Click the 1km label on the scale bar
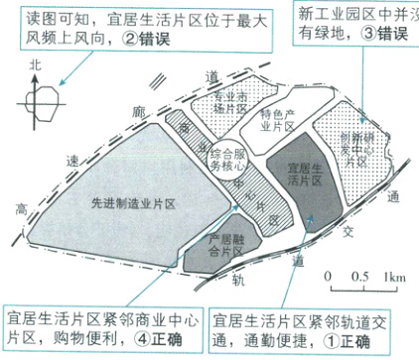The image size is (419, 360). click(393, 276)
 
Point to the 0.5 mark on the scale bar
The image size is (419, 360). click(361, 276)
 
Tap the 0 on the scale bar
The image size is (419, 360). click(329, 276)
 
